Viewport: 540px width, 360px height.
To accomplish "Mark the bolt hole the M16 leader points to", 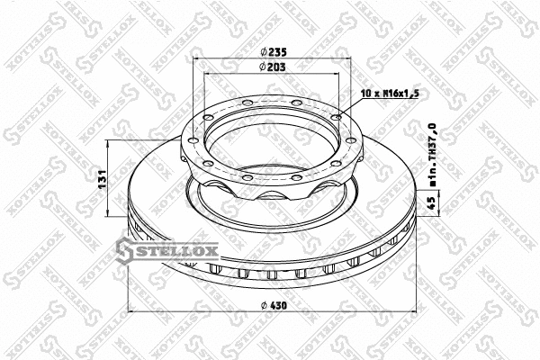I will pos(337,115).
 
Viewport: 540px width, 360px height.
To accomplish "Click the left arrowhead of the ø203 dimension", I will pos(207,74).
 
